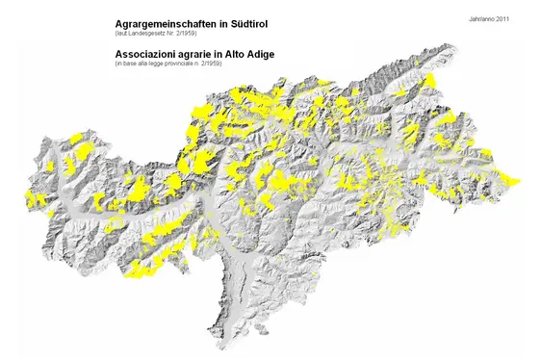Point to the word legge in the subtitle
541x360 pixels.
pos(164,64)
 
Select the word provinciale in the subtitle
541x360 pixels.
pos(194,64)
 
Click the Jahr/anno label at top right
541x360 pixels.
pos(482,19)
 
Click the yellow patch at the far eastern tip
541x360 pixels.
pos(515,180)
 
